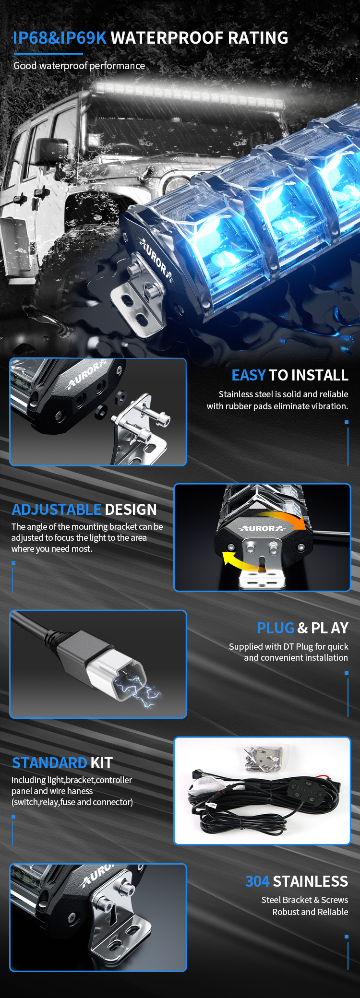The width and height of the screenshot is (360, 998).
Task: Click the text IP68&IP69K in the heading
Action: click(x=60, y=38)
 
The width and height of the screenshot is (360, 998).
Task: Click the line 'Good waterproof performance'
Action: click(x=79, y=66)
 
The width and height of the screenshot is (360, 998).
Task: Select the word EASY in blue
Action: click(x=249, y=375)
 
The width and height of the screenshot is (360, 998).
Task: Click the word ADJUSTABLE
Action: click(x=57, y=510)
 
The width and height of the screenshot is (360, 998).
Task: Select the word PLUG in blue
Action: click(x=276, y=628)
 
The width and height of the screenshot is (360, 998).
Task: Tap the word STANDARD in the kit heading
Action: click(x=49, y=763)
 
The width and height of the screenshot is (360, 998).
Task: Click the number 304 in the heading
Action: click(x=258, y=881)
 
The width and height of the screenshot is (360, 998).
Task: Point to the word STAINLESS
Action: click(x=311, y=881)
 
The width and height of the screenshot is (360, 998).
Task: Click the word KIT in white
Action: click(x=101, y=763)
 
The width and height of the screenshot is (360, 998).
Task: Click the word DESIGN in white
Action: click(x=131, y=510)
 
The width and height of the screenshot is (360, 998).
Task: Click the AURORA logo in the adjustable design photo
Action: click(x=262, y=528)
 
